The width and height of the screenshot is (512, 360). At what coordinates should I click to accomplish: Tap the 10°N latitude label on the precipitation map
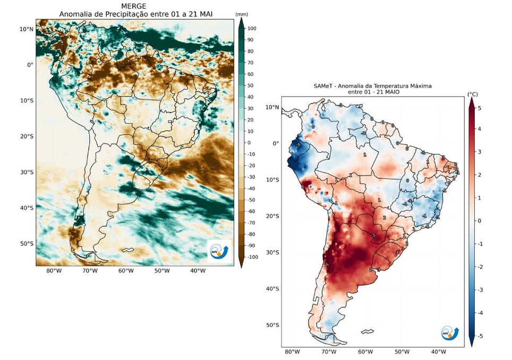coord(27,29)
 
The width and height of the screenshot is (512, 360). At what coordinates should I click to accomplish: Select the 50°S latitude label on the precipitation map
coord(27,244)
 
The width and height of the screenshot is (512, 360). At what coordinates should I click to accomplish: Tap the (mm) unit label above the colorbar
coord(242,14)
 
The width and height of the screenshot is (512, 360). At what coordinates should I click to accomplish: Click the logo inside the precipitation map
coord(219,252)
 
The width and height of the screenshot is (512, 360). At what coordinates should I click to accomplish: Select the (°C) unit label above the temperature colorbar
coord(472,94)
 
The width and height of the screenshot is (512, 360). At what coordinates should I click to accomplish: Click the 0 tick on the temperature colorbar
coord(479,221)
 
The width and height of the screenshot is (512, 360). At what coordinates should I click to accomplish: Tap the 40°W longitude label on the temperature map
coord(438,352)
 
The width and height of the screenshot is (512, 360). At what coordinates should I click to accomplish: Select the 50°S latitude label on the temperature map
coord(272,325)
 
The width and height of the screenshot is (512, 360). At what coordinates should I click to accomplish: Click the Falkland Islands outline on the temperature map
coord(366,332)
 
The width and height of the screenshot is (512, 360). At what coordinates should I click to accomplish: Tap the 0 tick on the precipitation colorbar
coord(249,142)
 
